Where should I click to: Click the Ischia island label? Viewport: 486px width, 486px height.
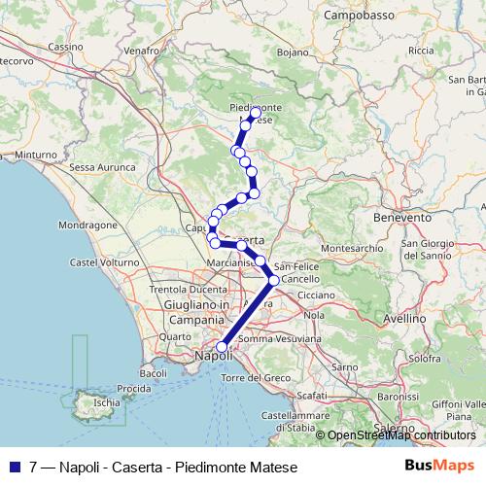(106, 400)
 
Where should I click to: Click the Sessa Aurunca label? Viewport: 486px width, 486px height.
(102, 167)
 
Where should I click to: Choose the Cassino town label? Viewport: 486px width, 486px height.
(66, 47)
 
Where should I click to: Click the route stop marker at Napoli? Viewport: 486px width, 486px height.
(222, 346)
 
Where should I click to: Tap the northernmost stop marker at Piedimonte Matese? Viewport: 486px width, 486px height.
(256, 114)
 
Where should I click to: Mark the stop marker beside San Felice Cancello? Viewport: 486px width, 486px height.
(273, 280)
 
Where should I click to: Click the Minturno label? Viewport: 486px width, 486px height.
(36, 154)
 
